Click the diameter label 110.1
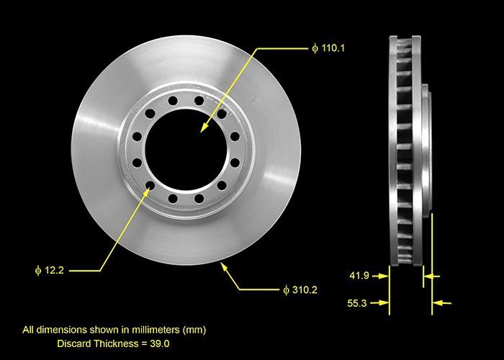pos(333,48)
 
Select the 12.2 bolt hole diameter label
pos(54,270)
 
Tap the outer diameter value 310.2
pos(305,290)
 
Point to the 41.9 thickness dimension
pos(359,276)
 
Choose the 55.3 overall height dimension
pos(357,303)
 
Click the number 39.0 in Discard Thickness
pos(159,343)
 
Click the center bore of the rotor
pos(186,149)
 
